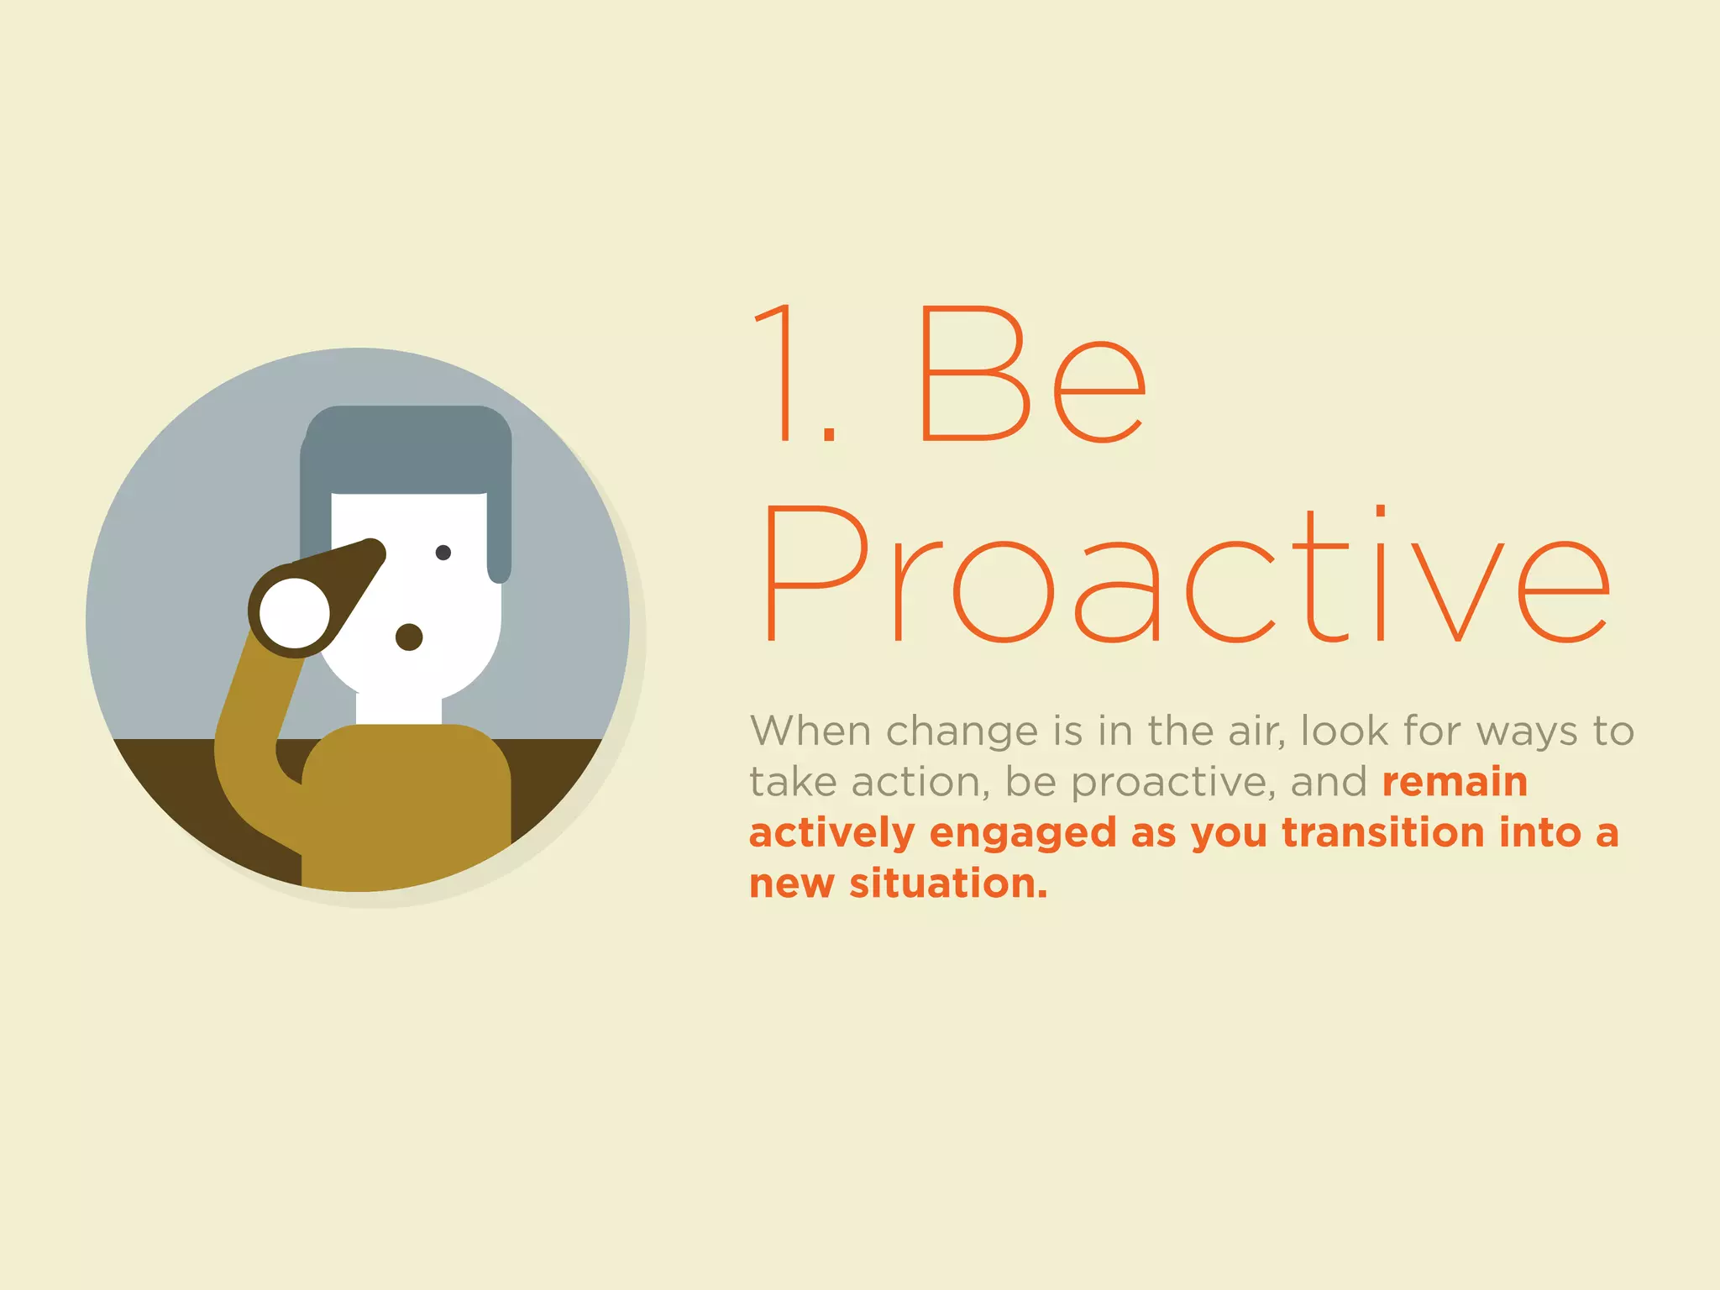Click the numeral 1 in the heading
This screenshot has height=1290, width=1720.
(x=777, y=374)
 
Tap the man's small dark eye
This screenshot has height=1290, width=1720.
(x=443, y=553)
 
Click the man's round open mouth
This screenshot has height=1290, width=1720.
(x=409, y=637)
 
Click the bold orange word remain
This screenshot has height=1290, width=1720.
(x=1454, y=782)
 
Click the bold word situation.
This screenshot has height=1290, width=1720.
(x=948, y=884)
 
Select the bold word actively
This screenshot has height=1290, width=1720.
(x=831, y=834)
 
